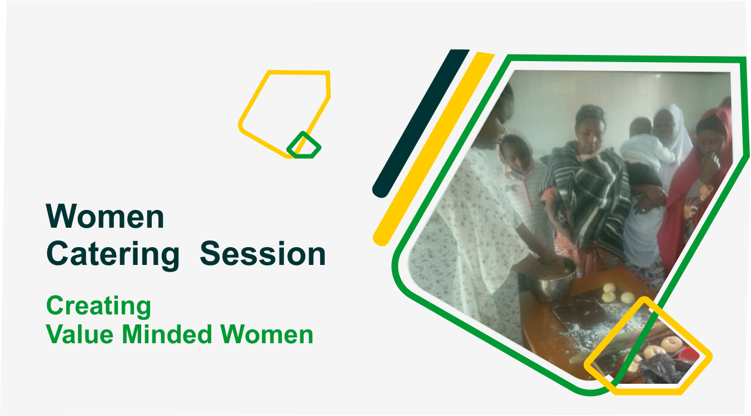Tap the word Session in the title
pyautogui.click(x=262, y=254)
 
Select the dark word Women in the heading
pyautogui.click(x=105, y=216)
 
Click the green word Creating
pyautogui.click(x=98, y=306)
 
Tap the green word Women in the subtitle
pyautogui.click(x=266, y=334)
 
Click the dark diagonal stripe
pyautogui.click(x=421, y=123)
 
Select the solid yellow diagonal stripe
pyautogui.click(x=434, y=149)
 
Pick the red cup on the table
pyautogui.click(x=688, y=354)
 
